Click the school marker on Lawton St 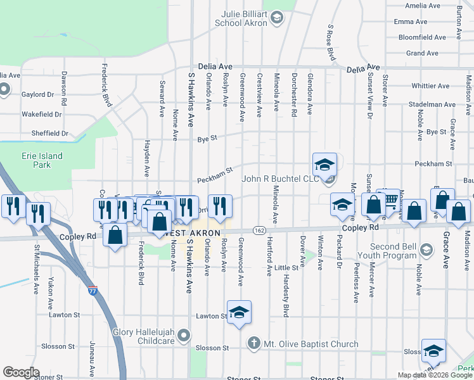point(239,312)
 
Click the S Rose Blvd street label point(331,43)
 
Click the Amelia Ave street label point(423,6)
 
